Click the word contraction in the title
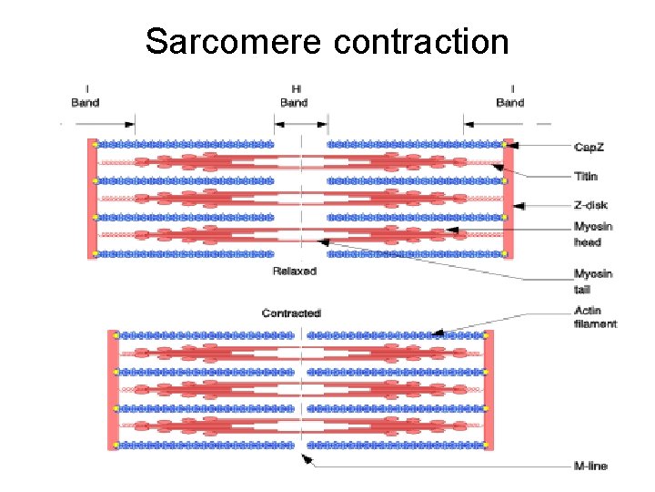(x=421, y=40)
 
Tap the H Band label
(x=294, y=96)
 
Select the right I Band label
(x=510, y=96)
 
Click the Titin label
(x=585, y=177)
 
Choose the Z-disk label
(x=589, y=207)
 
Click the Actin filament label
(x=595, y=317)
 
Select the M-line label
(x=590, y=466)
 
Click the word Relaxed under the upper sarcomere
(x=294, y=272)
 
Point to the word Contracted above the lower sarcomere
(x=291, y=313)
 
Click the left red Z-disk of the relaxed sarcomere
(x=91, y=198)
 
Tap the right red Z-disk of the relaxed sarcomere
(x=509, y=198)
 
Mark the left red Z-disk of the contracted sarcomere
(x=111, y=390)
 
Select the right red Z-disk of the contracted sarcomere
(x=489, y=390)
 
